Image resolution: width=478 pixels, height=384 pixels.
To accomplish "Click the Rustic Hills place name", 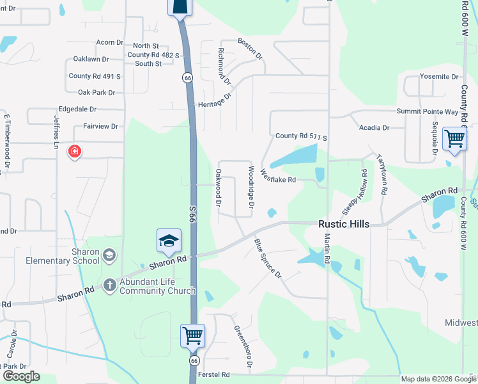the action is (344, 224).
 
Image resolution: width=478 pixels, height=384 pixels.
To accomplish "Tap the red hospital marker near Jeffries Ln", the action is (75, 152).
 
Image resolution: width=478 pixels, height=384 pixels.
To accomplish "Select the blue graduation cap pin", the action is (169, 241).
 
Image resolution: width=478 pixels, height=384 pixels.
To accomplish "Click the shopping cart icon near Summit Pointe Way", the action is (454, 138).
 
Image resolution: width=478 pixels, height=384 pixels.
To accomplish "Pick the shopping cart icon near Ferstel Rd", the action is (192, 335).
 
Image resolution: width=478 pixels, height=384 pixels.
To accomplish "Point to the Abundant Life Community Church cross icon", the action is (109, 284).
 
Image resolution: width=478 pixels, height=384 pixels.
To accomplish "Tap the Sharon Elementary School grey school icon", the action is (109, 256).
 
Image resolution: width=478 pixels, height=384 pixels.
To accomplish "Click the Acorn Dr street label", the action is (109, 42).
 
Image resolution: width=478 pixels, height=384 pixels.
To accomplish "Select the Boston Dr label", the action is (251, 49).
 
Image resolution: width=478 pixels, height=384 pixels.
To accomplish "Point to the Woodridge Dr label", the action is (251, 188).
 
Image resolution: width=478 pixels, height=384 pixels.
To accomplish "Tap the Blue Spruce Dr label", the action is (268, 258).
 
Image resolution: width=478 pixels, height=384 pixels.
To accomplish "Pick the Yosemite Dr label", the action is (439, 77).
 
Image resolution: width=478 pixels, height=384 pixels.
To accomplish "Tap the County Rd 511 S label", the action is (301, 137).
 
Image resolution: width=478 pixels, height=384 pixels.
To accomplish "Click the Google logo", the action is (20, 376).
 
